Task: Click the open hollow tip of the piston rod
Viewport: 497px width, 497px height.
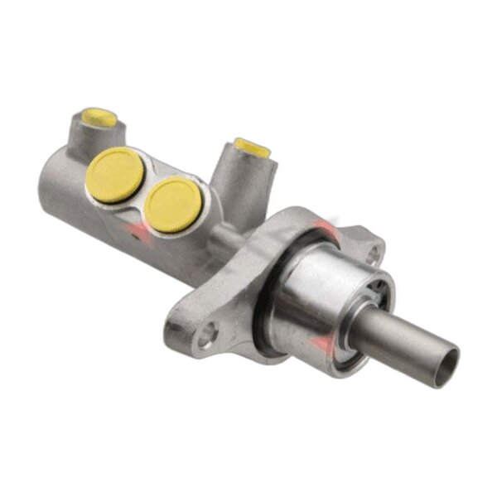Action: click(x=446, y=362)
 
